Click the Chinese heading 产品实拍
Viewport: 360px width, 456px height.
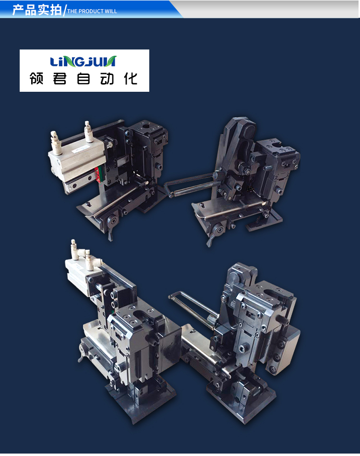coord(37,10)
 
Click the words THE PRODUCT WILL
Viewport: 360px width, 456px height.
coord(92,12)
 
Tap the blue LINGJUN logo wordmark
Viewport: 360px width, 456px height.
coord(83,62)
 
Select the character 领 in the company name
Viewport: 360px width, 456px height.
coord(36,78)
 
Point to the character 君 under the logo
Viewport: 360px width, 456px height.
coord(60,78)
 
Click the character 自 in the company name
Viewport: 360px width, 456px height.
coord(84,78)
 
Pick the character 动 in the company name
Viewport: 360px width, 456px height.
coord(107,78)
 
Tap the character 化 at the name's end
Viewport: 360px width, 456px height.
coord(131,78)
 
